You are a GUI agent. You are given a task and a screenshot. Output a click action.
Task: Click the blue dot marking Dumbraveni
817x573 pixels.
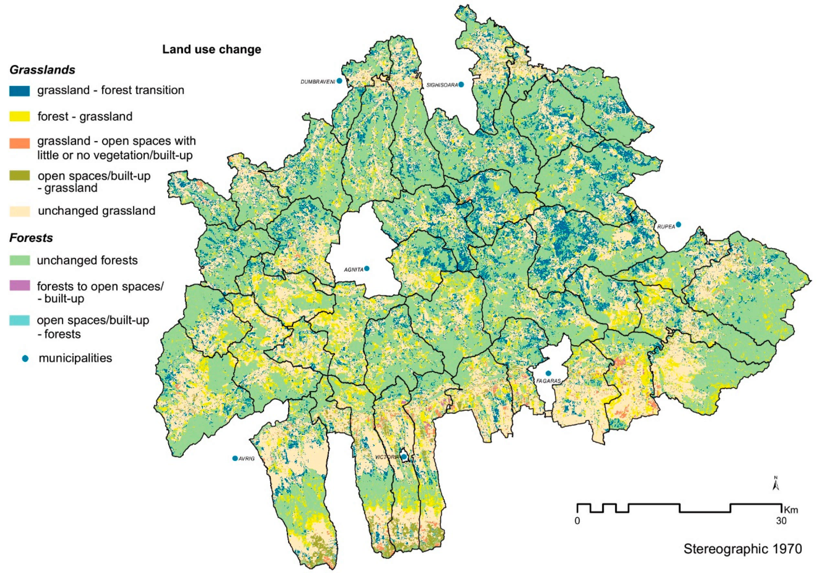point(340,81)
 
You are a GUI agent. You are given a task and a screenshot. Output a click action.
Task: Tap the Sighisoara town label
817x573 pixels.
point(442,85)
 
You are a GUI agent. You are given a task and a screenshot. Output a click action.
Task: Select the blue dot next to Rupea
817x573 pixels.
point(678,224)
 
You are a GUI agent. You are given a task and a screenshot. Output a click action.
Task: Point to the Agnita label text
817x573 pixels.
point(353,270)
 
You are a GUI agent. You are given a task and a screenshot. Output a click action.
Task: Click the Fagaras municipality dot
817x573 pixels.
point(548,373)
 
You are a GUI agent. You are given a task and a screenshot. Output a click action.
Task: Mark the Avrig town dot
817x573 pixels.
point(235,458)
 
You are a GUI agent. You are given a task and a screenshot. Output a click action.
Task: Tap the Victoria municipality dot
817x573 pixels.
point(404,457)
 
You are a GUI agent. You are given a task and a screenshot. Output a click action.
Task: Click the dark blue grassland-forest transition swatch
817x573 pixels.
point(20,91)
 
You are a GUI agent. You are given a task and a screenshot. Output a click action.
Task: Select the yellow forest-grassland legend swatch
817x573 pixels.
point(20,117)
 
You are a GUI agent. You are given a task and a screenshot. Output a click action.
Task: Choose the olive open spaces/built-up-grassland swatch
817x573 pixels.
point(20,176)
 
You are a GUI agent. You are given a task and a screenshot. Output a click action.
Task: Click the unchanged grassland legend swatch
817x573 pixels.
point(20,211)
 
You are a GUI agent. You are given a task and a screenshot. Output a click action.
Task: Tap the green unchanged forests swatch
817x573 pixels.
point(20,260)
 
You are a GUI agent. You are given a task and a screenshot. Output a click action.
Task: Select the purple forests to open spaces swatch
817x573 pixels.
point(20,286)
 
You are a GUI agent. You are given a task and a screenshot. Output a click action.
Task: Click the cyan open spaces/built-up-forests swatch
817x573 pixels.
point(20,320)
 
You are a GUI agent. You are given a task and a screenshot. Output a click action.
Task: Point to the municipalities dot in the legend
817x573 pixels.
point(25,359)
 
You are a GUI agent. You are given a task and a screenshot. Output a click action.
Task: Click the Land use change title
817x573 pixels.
point(212,49)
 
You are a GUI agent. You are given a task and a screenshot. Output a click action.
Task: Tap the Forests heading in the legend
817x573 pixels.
point(31,238)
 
